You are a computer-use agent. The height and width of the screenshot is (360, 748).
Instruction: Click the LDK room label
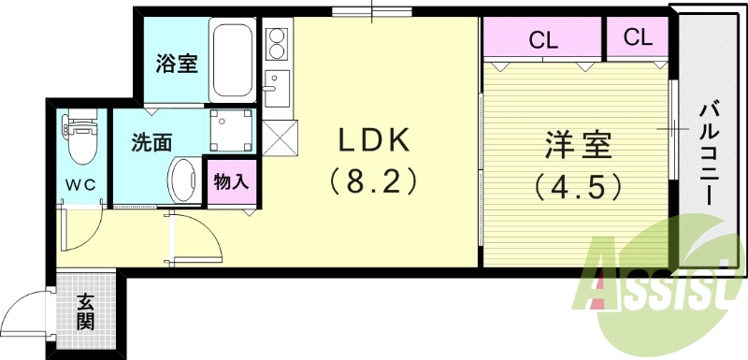tap(372, 140)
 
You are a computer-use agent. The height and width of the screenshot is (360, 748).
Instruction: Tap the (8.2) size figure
tap(372, 180)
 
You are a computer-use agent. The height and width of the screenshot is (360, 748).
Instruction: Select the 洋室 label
tap(579, 147)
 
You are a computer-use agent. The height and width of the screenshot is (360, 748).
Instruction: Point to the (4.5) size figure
tap(579, 187)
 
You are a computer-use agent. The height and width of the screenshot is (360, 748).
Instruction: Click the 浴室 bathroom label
tap(175, 64)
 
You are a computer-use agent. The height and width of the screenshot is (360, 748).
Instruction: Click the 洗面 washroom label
tap(151, 143)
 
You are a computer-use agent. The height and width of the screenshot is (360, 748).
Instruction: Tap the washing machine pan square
tap(230, 128)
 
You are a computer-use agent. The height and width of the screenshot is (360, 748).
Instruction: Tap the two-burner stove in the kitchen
tap(278, 42)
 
